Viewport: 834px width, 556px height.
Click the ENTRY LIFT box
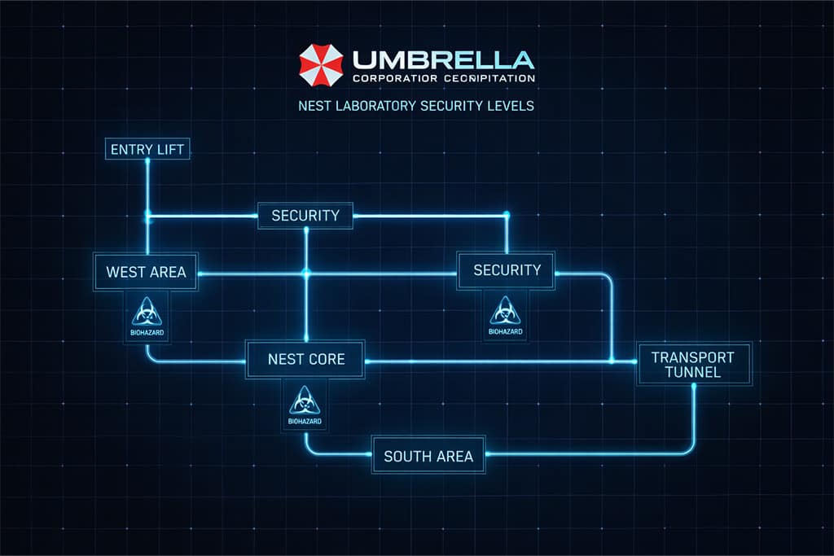tap(147, 150)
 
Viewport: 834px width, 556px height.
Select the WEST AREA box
tap(147, 272)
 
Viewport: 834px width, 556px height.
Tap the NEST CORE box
tap(306, 359)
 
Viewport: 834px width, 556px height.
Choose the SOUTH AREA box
tap(428, 456)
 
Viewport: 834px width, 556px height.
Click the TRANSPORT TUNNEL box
tap(693, 364)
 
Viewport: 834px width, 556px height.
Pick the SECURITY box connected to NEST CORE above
tap(305, 216)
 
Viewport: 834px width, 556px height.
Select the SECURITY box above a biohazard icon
tap(507, 269)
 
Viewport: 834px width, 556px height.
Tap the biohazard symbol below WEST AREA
tap(147, 313)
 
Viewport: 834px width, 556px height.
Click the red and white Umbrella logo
tap(321, 65)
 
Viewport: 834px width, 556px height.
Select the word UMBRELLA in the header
tap(443, 59)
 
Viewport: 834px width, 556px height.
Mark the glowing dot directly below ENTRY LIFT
tap(147, 161)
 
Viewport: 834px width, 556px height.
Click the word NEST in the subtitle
tap(314, 106)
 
